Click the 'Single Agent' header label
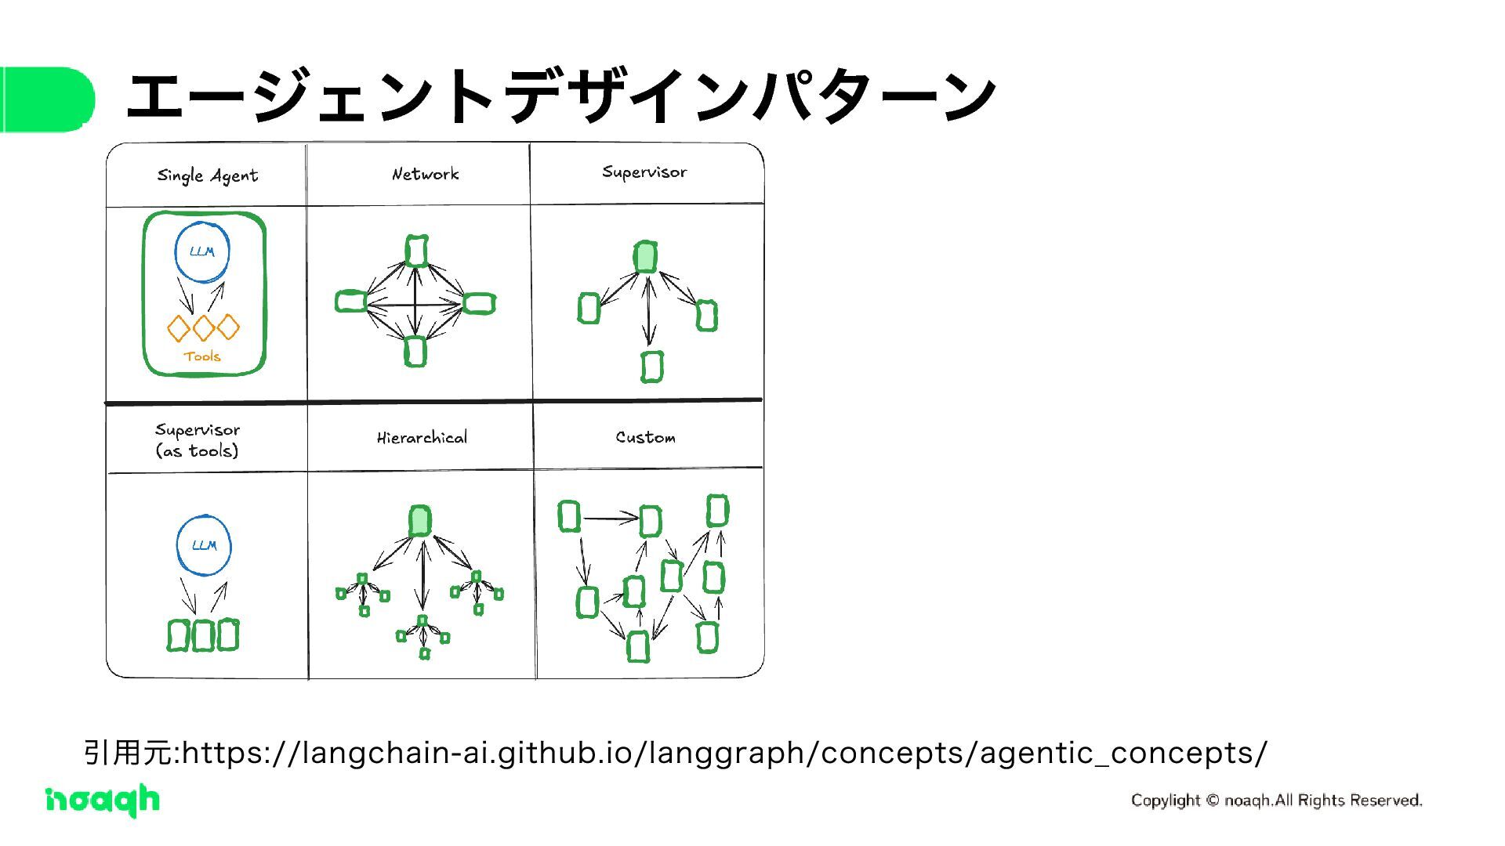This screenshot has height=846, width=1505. point(208,175)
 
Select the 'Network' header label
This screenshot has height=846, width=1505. point(425,174)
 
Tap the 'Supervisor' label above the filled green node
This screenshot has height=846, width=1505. point(644,172)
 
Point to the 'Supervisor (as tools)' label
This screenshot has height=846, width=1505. point(198,440)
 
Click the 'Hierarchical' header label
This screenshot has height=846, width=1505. point(422,438)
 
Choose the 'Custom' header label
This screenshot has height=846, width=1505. point(645,437)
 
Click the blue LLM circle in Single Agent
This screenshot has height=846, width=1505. point(202,251)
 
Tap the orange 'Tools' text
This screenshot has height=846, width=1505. point(202,356)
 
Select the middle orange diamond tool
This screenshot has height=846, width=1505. point(203,327)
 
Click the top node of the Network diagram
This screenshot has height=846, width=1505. point(416,251)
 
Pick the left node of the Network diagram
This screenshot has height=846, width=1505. point(351,301)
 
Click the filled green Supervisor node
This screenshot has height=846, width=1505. point(645,256)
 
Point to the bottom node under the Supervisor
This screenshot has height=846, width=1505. point(651,367)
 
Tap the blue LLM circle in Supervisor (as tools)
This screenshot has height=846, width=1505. point(204,545)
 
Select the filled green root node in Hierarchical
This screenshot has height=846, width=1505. point(420,520)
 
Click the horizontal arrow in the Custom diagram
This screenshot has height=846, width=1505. point(611,518)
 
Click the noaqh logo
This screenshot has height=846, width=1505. point(102,800)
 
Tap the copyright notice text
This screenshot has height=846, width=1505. point(1276,800)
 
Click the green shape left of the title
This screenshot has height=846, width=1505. point(47,99)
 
